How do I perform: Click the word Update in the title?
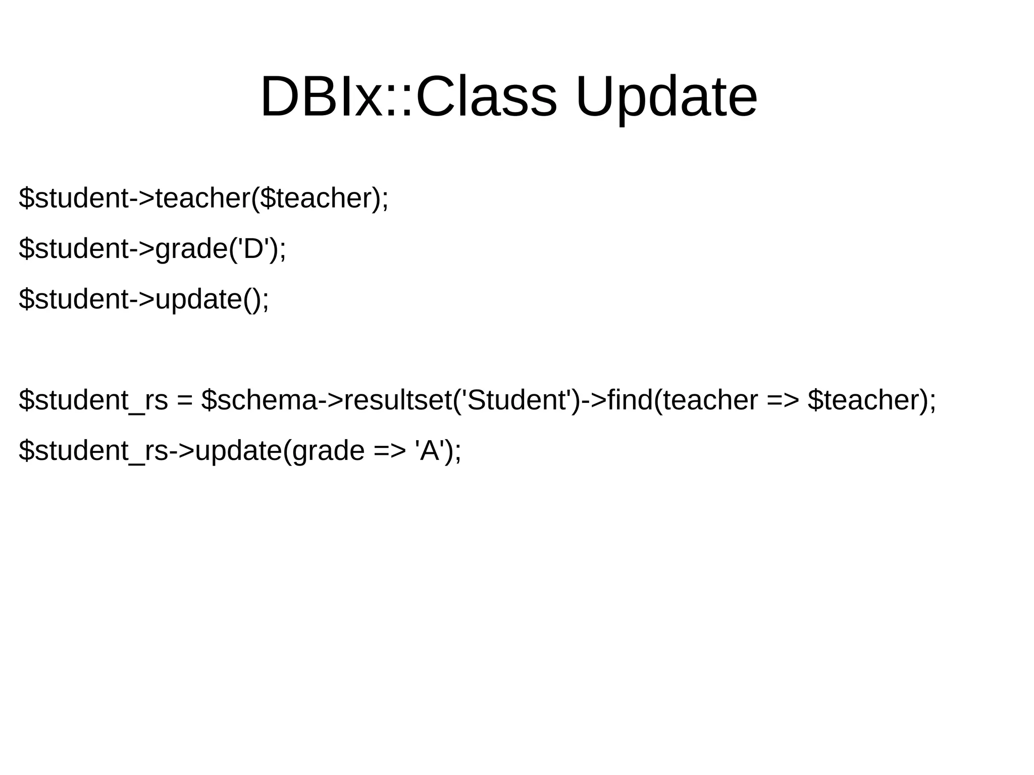coord(666,97)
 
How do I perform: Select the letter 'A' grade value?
coord(430,450)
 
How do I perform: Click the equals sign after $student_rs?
coord(185,401)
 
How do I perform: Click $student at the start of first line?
coord(74,198)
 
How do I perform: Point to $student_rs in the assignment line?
coord(93,400)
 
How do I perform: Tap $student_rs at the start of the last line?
coord(93,450)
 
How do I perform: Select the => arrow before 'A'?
coord(390,451)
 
